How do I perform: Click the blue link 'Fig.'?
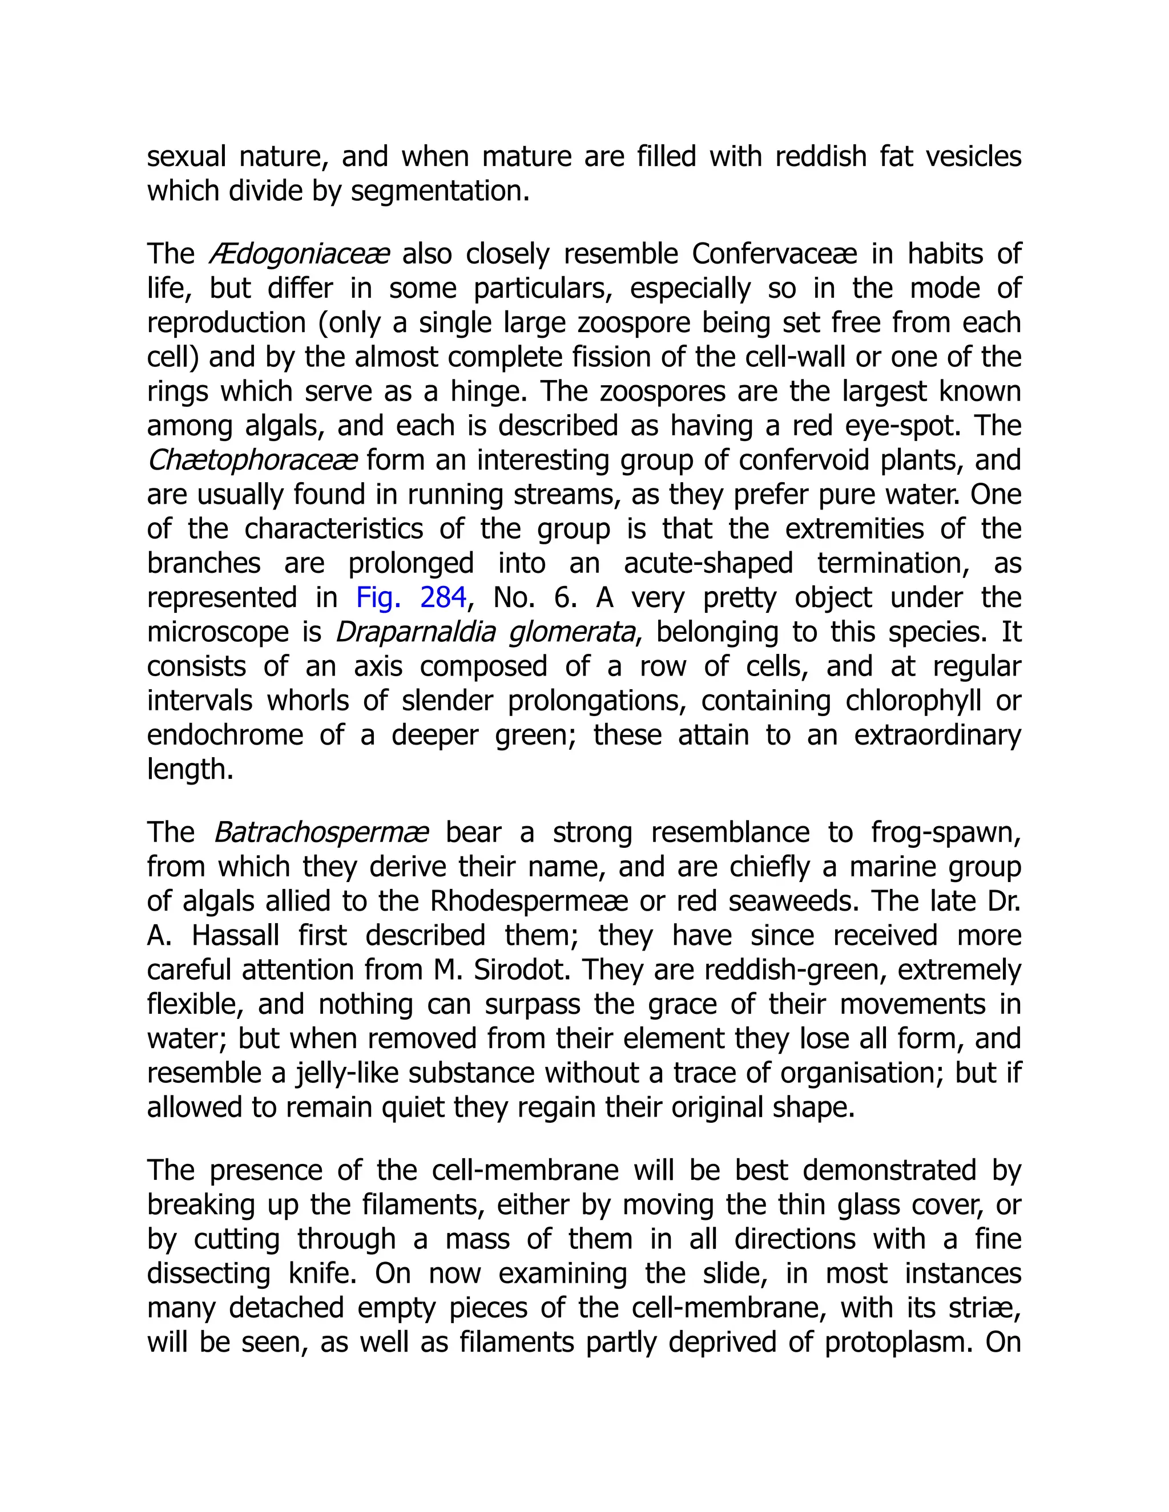point(378,597)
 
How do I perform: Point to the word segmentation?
point(440,191)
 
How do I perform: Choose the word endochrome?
point(225,735)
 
